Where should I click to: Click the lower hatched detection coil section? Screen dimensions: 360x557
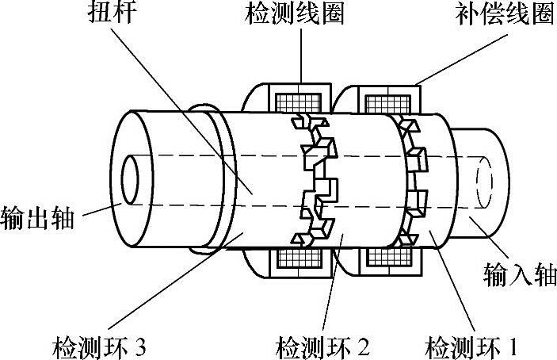(x=299, y=259)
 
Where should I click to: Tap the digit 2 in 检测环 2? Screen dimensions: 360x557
(x=363, y=346)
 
